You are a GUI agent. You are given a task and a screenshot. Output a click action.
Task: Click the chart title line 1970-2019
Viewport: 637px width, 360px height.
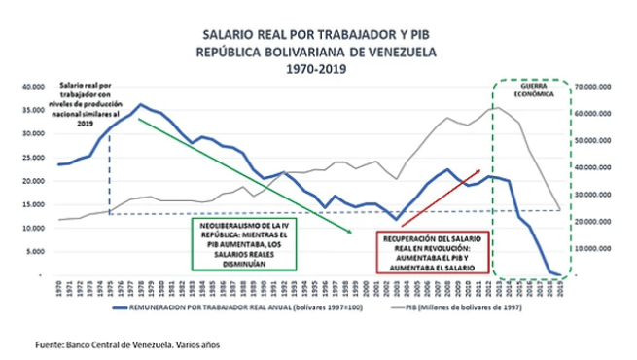pos(318,70)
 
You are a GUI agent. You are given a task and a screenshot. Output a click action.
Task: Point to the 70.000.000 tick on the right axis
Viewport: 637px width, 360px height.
pos(596,87)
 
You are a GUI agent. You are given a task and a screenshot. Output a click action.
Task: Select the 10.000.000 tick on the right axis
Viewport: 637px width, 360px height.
pos(596,249)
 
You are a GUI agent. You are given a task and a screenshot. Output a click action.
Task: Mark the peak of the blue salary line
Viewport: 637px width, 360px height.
pos(141,104)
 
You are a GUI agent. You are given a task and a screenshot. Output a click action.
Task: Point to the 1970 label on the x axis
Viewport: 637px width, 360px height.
pos(60,289)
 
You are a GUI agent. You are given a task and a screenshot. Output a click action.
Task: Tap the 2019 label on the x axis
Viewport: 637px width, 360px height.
pos(563,289)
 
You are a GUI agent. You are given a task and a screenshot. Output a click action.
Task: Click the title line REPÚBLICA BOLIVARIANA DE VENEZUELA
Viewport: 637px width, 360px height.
pos(318,51)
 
